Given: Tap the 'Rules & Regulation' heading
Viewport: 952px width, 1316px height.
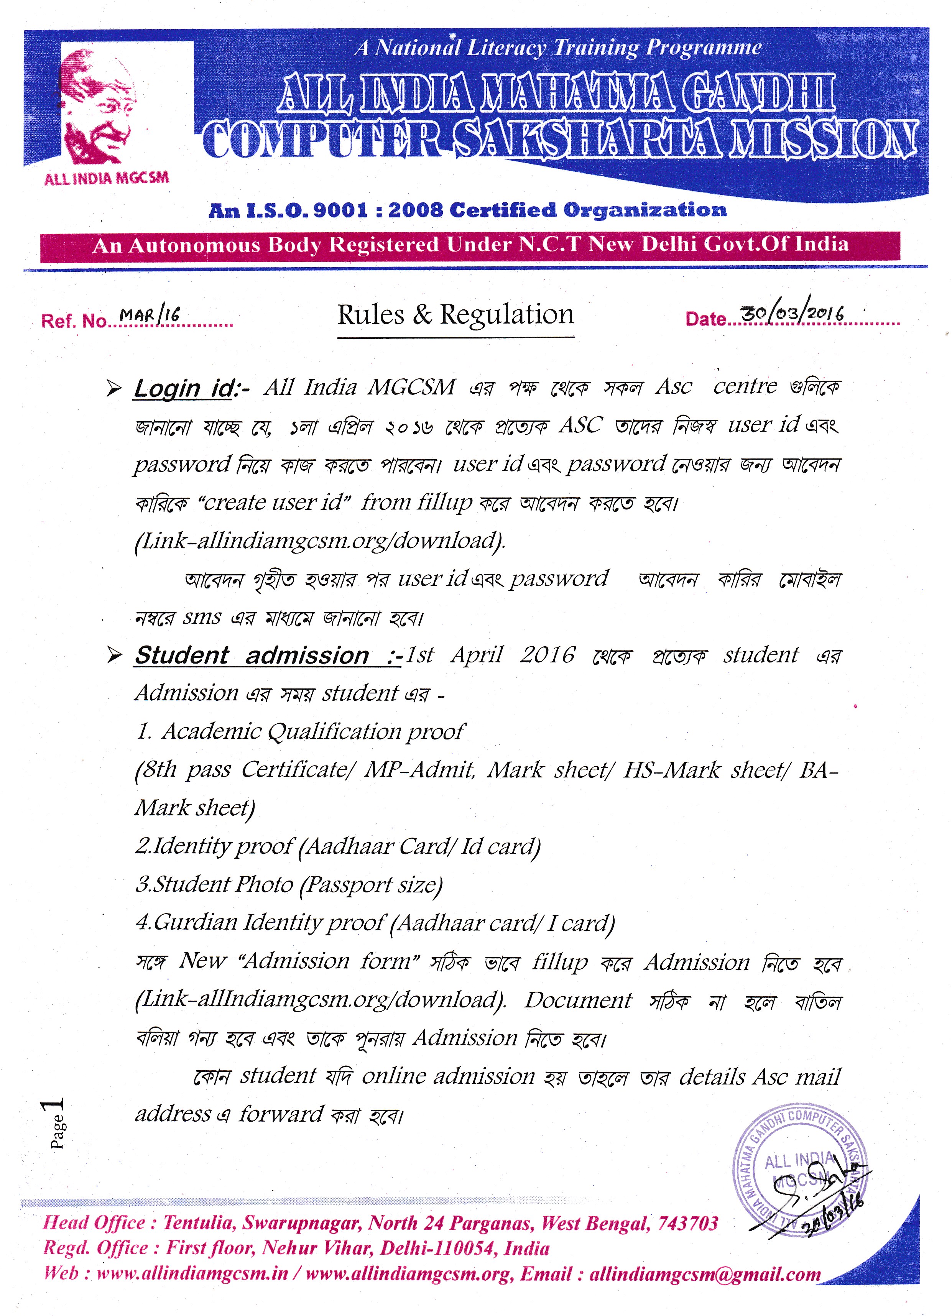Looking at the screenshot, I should [456, 315].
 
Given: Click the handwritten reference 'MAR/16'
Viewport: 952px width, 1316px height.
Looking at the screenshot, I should [150, 315].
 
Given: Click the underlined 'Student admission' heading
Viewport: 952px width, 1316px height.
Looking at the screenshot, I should [252, 656].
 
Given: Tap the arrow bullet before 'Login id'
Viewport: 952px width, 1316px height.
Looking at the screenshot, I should [114, 388].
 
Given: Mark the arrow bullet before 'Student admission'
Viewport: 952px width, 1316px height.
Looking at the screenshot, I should [114, 656].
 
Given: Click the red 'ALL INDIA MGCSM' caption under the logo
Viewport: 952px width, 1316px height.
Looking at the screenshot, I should [106, 178].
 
